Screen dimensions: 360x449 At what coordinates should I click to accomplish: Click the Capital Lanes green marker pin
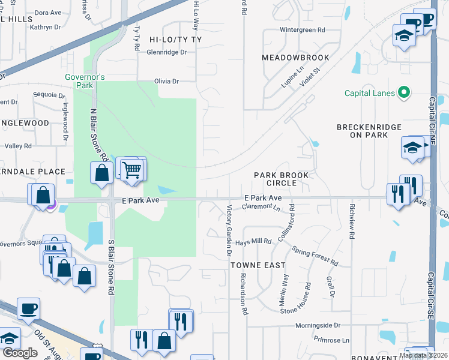pyautogui.click(x=404, y=92)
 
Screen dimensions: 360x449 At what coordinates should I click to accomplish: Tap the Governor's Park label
pyautogui.click(x=85, y=81)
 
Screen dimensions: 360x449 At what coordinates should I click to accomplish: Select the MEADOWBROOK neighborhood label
pyautogui.click(x=295, y=58)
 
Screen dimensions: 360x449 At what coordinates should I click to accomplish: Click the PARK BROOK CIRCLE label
pyautogui.click(x=281, y=179)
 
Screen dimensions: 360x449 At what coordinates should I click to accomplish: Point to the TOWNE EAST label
pyautogui.click(x=257, y=264)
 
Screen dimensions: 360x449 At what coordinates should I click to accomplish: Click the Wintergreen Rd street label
pyautogui.click(x=302, y=29)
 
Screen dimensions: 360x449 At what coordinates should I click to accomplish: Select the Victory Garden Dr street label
pyautogui.click(x=229, y=232)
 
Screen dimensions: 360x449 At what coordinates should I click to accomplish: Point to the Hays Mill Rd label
pyautogui.click(x=253, y=241)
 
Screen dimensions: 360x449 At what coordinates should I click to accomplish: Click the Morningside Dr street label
pyautogui.click(x=318, y=325)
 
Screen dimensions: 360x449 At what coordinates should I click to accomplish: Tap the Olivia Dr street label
pyautogui.click(x=167, y=81)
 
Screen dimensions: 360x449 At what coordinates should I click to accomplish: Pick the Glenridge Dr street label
pyautogui.click(x=167, y=52)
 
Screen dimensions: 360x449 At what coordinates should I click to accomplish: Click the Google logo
pyautogui.click(x=20, y=353)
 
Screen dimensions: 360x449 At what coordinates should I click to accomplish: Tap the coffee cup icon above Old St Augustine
pyautogui.click(x=28, y=309)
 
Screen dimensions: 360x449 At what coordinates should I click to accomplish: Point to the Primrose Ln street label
pyautogui.click(x=331, y=340)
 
